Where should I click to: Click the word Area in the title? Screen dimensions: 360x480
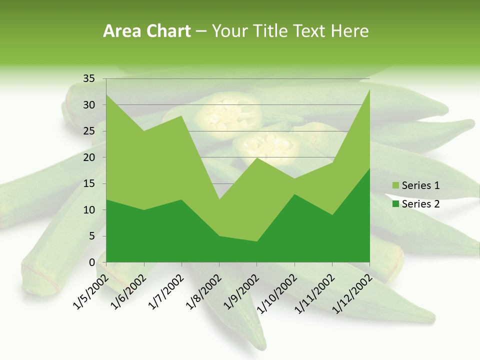121,31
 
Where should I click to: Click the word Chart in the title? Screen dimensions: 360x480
166,31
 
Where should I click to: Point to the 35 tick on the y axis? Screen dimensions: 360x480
89,78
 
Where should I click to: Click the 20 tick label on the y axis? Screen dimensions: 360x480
89,157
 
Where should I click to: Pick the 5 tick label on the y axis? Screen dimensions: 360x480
92,236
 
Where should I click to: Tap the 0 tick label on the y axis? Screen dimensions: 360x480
92,262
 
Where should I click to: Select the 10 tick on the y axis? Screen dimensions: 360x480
89,210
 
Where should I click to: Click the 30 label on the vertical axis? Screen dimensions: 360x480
89,105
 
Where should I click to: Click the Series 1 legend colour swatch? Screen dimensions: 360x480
395,186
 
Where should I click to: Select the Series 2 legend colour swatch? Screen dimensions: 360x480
395,204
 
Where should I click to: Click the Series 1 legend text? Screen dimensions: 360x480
420,186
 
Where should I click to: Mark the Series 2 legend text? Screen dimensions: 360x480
420,204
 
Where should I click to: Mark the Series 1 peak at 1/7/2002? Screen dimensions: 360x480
181,116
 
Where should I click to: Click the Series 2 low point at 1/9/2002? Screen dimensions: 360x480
256,241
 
